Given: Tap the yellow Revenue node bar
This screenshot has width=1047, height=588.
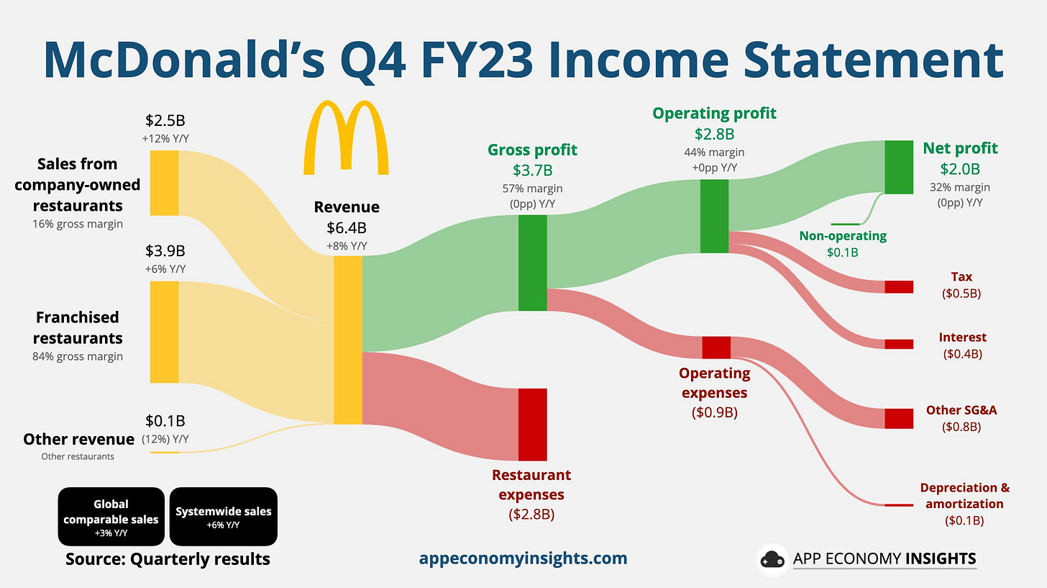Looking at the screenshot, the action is tap(348, 340).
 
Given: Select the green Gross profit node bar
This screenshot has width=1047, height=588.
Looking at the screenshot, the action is tap(532, 263).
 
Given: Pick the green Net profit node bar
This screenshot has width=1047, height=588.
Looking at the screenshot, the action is tap(899, 167).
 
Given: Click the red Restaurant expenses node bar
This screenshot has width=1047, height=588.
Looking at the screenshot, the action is tap(532, 425).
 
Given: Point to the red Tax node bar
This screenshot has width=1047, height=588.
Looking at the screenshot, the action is tap(899, 286).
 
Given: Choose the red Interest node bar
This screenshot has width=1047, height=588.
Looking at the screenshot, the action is tap(899, 344).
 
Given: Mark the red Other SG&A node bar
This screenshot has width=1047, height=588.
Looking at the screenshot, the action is tap(899, 419).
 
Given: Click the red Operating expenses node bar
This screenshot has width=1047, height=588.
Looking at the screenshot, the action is tap(716, 348).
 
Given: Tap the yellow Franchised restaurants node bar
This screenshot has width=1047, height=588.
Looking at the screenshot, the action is tap(164, 332).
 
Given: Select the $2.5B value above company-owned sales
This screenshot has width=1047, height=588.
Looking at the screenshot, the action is tap(165, 121).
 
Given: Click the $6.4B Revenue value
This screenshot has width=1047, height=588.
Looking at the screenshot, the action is tap(347, 228).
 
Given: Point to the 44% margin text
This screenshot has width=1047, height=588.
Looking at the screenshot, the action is tap(714, 153).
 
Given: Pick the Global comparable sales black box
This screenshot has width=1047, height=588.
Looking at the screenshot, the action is tap(111, 517).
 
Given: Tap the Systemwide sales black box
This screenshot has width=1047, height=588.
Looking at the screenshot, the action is tap(224, 517).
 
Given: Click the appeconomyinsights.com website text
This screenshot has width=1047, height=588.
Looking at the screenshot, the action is tap(523, 558).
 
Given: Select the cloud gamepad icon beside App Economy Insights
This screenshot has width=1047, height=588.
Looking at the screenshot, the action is tap(772, 559).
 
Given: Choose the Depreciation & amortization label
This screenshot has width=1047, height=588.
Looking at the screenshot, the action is tap(965, 496).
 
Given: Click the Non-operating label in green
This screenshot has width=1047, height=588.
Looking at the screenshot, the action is tap(843, 236).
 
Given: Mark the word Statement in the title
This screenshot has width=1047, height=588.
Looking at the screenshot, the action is tap(873, 60).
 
